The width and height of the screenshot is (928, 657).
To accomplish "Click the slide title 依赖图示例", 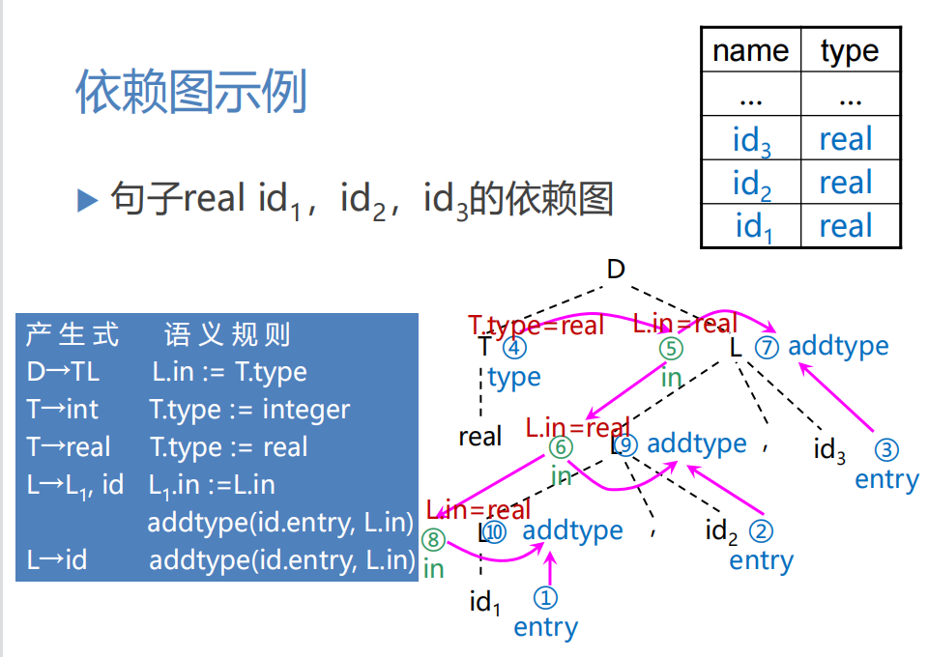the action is [x=191, y=93].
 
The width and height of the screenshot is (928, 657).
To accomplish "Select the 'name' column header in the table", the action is [x=750, y=50].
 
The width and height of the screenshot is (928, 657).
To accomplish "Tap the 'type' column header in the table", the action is [x=850, y=50].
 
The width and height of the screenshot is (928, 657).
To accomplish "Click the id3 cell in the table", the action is [x=751, y=141].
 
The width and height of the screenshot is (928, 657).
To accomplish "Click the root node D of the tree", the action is [x=616, y=270].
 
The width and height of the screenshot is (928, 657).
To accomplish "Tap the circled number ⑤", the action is [x=671, y=349].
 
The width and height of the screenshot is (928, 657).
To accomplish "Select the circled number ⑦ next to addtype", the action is [x=767, y=347].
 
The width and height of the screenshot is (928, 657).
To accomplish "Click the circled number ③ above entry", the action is [x=886, y=450].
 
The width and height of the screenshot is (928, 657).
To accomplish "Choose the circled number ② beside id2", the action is [x=762, y=530].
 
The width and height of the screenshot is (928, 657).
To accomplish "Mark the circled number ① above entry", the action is [x=546, y=599].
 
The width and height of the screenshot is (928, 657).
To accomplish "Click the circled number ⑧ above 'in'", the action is [x=433, y=540].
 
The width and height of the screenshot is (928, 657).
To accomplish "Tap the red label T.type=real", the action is [x=536, y=326].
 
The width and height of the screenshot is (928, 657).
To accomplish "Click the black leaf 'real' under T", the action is [x=480, y=437].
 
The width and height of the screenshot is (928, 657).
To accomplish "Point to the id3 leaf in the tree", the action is [x=829, y=449].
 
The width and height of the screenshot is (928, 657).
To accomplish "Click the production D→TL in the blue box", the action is [x=63, y=372].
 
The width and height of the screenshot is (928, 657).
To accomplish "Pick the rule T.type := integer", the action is [x=249, y=410].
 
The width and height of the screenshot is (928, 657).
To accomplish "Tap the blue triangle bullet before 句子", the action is [x=88, y=200].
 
